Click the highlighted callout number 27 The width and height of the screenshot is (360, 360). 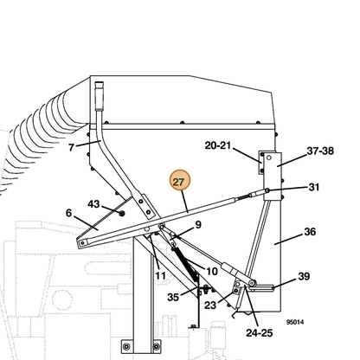click(x=180, y=181)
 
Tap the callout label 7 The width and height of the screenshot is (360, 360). click(x=71, y=147)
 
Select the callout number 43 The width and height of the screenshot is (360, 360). click(x=93, y=204)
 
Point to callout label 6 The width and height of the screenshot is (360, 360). click(x=68, y=213)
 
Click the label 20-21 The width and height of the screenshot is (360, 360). click(x=218, y=145)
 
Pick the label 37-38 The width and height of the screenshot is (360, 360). click(x=320, y=151)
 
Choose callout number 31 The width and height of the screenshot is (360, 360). click(x=314, y=187)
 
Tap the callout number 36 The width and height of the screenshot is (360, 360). click(x=310, y=231)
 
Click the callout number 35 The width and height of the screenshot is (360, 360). click(x=173, y=297)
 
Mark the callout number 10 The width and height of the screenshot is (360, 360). click(x=212, y=271)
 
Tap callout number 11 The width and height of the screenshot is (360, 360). click(x=160, y=276)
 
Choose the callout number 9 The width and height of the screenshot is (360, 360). click(x=198, y=224)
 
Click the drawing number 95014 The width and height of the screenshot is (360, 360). click(x=295, y=322)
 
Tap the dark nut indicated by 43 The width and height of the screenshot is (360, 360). click(x=122, y=213)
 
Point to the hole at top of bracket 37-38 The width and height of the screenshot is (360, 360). click(x=269, y=157)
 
